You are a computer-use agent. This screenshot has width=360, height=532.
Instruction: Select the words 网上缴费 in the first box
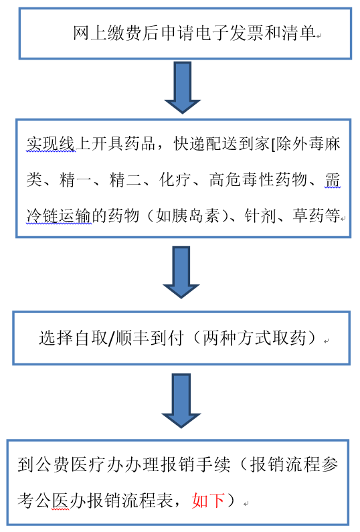(x=107, y=33)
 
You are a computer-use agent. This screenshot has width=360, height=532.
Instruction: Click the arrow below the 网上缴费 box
(x=183, y=88)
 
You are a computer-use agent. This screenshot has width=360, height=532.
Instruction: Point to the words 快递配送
(x=206, y=144)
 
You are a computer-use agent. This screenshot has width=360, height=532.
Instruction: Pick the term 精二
(x=125, y=179)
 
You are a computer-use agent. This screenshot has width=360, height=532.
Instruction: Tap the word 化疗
(x=175, y=179)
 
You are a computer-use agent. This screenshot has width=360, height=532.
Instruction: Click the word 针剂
(x=260, y=215)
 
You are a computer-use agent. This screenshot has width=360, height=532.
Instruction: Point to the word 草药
(x=308, y=215)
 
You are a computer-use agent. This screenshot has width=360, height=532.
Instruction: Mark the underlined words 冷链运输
(x=59, y=215)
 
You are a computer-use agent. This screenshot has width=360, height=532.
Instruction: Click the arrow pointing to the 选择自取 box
(x=181, y=272)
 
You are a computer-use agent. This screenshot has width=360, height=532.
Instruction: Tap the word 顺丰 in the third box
(x=132, y=338)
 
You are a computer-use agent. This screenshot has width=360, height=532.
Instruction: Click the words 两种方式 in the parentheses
(x=236, y=338)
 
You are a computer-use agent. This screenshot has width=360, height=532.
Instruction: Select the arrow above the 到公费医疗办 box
(x=181, y=401)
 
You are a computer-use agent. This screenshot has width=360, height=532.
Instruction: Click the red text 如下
(x=208, y=501)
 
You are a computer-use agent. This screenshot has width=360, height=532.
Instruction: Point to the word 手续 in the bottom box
(x=214, y=464)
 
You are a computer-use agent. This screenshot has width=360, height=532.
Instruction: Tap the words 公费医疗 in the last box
(x=70, y=464)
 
